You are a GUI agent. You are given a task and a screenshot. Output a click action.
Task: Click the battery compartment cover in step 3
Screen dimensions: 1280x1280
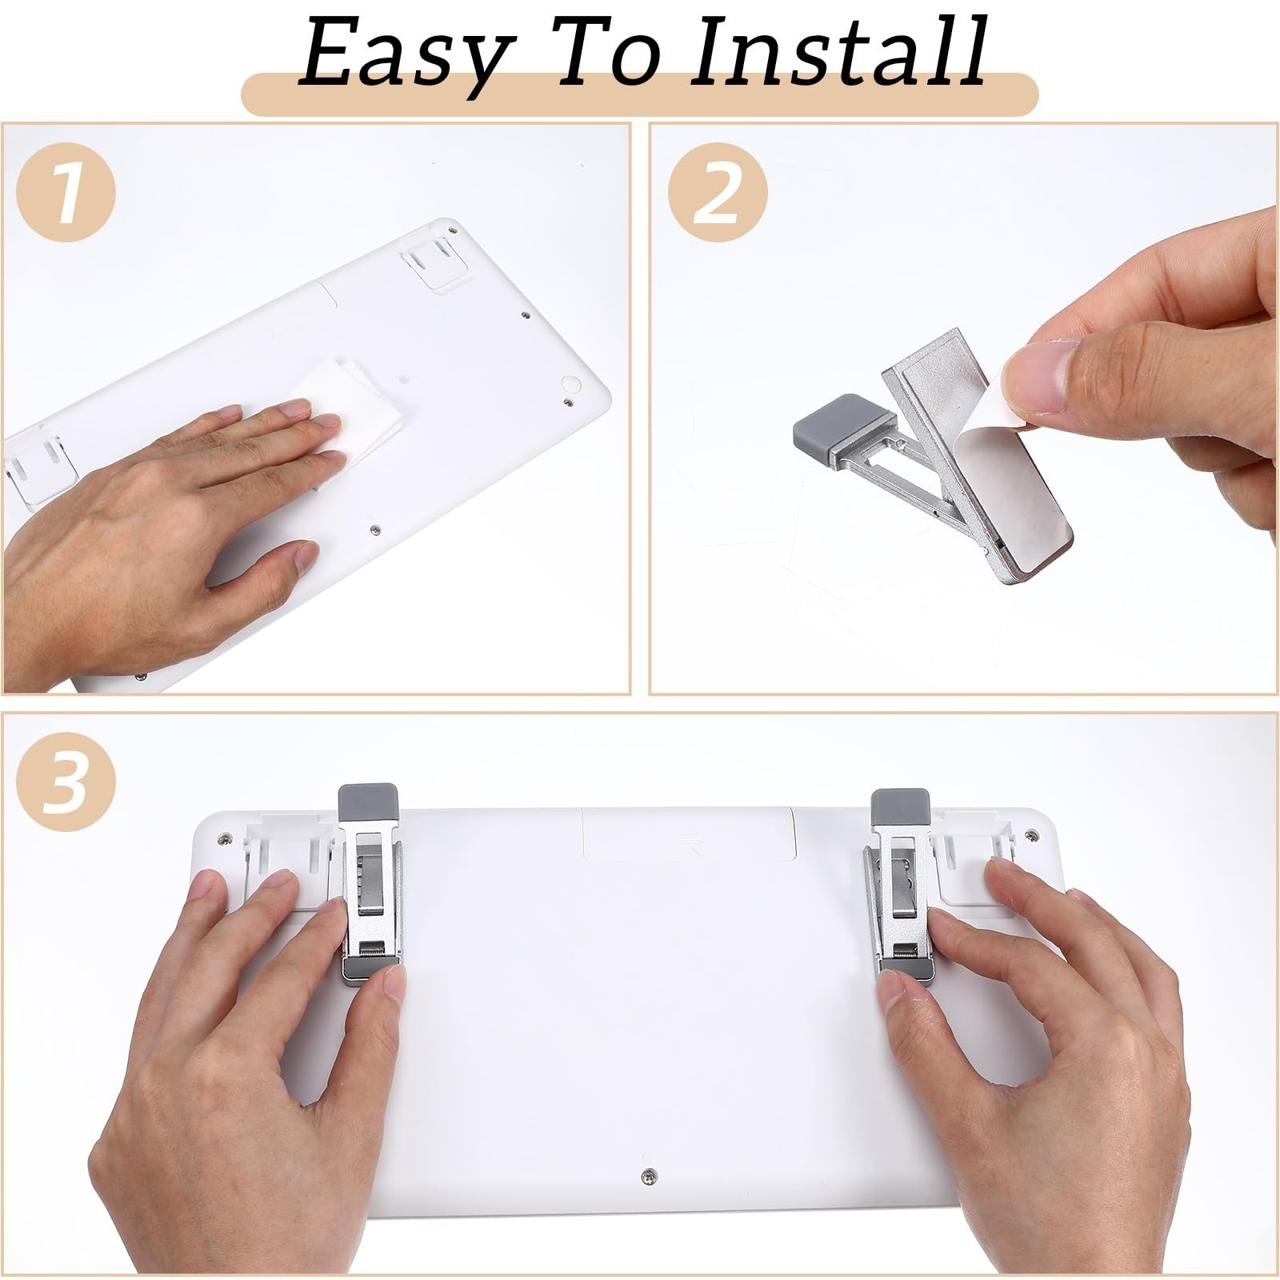(688, 846)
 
